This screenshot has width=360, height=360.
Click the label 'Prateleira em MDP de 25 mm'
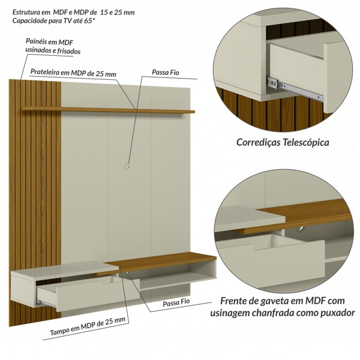73,74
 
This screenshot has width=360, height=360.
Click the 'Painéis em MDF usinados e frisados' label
53,46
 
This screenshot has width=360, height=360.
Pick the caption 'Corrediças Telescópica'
283,143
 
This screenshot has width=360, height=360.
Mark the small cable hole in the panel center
127,164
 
